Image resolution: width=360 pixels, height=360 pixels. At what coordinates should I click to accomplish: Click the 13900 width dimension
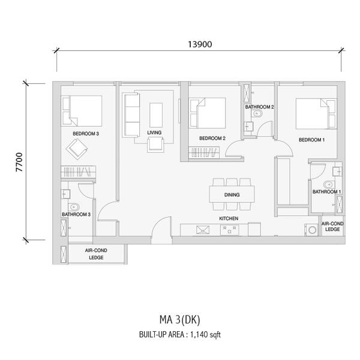[200, 44]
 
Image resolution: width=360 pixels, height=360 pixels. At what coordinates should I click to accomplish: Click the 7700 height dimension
[19, 162]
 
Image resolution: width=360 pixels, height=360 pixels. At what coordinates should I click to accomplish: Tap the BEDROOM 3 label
[86, 134]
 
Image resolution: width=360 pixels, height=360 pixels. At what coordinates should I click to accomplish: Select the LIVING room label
[154, 133]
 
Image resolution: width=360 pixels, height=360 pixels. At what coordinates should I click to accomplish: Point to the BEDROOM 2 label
[212, 138]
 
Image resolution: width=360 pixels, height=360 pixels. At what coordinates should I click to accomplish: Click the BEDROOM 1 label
[311, 140]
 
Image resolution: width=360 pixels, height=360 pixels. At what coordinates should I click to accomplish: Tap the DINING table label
[232, 194]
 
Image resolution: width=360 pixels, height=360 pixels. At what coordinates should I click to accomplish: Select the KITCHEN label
[229, 218]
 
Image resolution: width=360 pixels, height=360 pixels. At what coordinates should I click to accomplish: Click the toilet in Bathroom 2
[257, 113]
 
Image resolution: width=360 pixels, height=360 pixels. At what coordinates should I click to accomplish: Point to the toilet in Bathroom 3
[74, 207]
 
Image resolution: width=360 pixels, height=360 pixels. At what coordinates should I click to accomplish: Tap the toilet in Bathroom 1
[329, 185]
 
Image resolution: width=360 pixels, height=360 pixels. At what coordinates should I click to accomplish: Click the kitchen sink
[203, 230]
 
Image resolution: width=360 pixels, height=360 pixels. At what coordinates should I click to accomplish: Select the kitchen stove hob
[230, 230]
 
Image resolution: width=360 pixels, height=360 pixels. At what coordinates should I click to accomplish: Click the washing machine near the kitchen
[311, 230]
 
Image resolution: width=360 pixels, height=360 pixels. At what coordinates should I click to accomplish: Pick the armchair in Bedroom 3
[77, 149]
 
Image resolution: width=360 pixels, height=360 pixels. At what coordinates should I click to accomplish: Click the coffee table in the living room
[156, 115]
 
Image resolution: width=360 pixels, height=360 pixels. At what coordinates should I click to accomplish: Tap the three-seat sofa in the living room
[131, 115]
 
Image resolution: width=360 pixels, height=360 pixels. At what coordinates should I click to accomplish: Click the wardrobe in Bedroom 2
[204, 152]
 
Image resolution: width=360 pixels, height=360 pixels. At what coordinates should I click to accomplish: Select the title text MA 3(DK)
[180, 320]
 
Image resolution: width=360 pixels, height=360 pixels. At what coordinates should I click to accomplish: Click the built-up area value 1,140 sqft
[205, 335]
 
